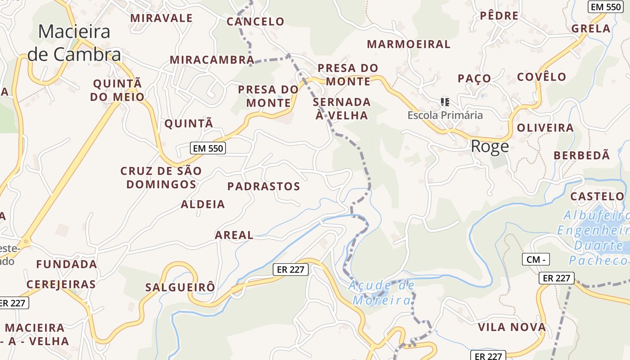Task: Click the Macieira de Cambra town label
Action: click(x=74, y=43)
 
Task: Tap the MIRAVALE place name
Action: click(x=161, y=18)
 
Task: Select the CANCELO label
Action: click(x=255, y=22)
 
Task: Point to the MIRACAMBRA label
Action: click(x=212, y=60)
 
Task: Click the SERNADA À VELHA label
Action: click(x=342, y=108)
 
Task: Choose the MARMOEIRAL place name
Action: click(x=409, y=44)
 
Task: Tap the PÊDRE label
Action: click(x=499, y=16)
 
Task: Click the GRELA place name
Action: click(x=591, y=29)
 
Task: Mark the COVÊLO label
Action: click(x=541, y=76)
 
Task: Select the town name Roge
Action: click(x=490, y=146)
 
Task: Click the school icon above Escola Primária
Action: click(x=445, y=102)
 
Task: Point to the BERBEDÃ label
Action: click(x=581, y=155)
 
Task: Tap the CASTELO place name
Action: click(x=597, y=197)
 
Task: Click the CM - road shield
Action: click(x=535, y=259)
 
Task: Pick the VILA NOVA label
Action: click(x=512, y=327)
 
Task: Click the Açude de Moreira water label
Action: click(x=382, y=292)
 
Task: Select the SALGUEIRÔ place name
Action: click(x=180, y=288)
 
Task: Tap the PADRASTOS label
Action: click(x=264, y=186)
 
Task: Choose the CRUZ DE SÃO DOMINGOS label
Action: click(x=161, y=177)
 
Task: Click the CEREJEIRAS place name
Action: click(x=61, y=284)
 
